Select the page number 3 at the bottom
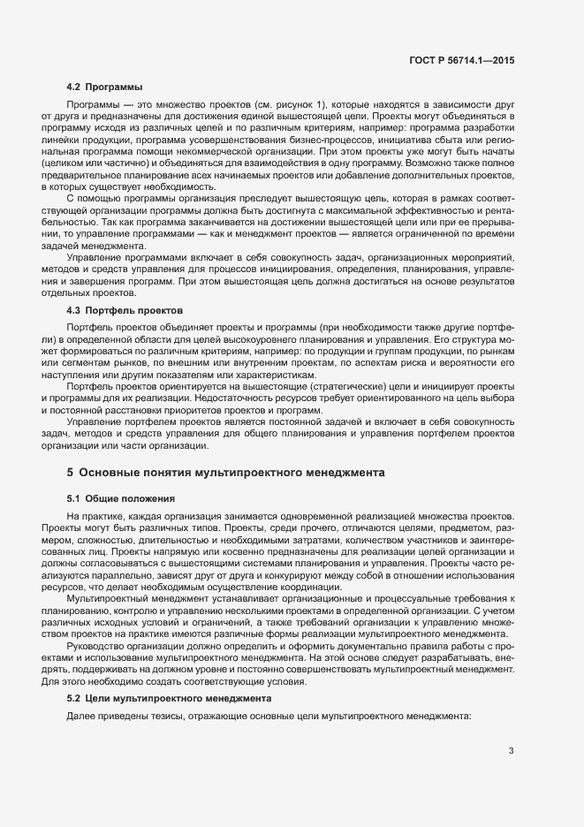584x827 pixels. pos(511,752)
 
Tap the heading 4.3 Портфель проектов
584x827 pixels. pos(125,311)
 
